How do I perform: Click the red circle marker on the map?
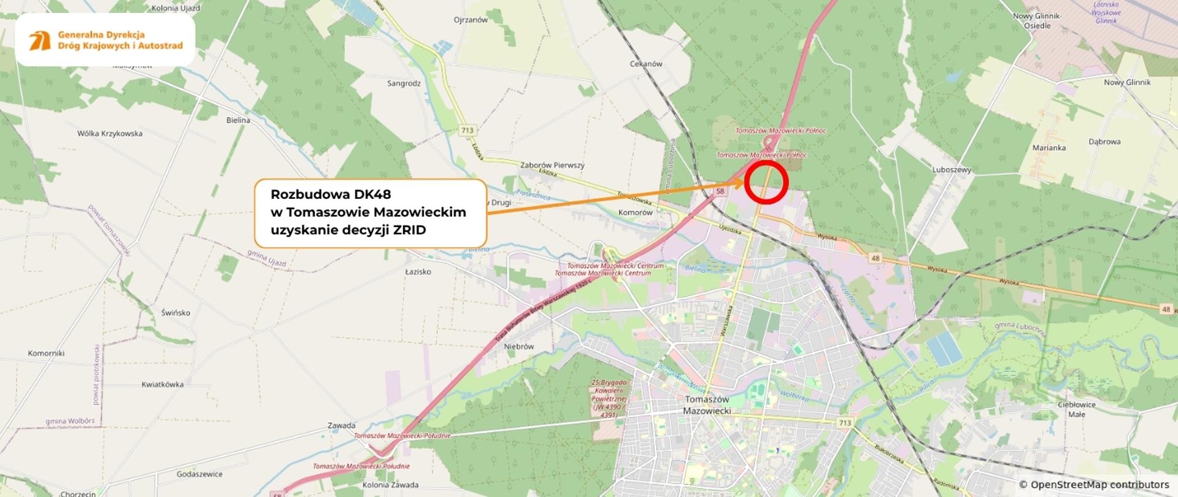tap(766, 182)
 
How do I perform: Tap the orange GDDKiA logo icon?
tap(40, 40)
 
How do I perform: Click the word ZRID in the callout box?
tap(409, 230)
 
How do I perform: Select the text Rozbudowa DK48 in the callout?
tap(331, 195)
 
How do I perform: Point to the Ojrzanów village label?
tap(471, 20)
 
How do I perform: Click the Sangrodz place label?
tap(404, 83)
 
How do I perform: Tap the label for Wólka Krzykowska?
tap(110, 134)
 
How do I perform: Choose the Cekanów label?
tap(646, 64)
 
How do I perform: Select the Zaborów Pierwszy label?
tap(552, 165)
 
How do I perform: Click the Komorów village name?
tap(636, 213)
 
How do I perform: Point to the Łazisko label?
tap(418, 272)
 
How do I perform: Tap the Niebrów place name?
tap(519, 347)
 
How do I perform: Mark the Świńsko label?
tap(175, 313)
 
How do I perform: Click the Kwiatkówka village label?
tap(163, 385)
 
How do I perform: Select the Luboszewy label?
tap(952, 170)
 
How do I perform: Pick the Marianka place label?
tap(1049, 148)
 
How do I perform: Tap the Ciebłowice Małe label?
tap(1077, 409)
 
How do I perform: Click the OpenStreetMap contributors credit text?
tap(1095, 485)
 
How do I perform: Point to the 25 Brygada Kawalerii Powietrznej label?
tap(609, 398)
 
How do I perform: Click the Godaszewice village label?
tap(199, 474)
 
